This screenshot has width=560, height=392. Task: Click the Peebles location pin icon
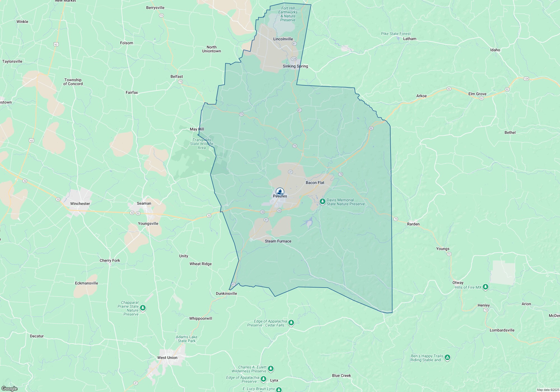[x=280, y=192]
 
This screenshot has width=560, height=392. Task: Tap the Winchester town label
[x=80, y=204]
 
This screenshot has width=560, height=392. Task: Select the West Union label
[x=167, y=358]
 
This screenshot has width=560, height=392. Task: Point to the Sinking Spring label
[x=295, y=66]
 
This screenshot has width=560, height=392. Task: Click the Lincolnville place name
[x=283, y=39]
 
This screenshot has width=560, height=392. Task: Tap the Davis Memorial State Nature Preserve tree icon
[x=322, y=201]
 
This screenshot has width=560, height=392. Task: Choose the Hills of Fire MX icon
[x=485, y=287]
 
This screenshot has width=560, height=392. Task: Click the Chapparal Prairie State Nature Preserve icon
[x=143, y=308]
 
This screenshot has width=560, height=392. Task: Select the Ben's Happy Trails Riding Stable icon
[x=447, y=357]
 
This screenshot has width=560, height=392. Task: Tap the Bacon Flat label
[x=315, y=183]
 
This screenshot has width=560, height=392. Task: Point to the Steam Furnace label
[x=278, y=241]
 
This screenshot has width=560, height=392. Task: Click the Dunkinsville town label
[x=226, y=293]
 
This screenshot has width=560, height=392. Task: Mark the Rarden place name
[x=413, y=224]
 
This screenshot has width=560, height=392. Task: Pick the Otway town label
[x=458, y=283]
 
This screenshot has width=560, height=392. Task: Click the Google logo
[x=10, y=389]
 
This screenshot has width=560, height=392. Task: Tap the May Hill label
[x=197, y=129]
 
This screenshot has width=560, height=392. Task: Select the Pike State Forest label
[x=396, y=34]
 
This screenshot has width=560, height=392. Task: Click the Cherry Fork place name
[x=110, y=260]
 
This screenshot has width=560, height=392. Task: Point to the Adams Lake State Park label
[x=186, y=339]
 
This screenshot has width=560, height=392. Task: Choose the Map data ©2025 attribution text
[x=548, y=390]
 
